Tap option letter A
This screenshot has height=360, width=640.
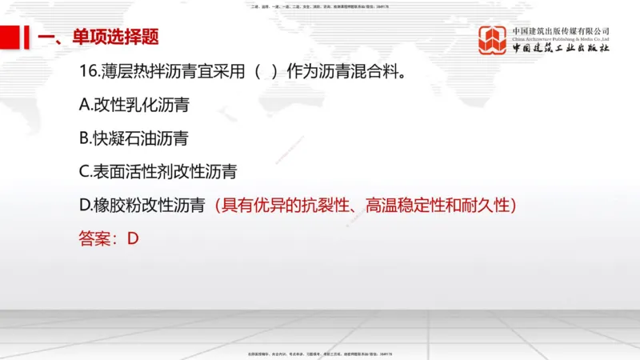pyautogui.click(x=86, y=105)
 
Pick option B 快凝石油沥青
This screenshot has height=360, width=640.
pyautogui.click(x=134, y=138)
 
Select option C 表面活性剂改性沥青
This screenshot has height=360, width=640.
pyautogui.click(x=158, y=172)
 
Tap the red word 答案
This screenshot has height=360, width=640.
pyautogui.click(x=95, y=238)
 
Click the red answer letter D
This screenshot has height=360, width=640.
pyautogui.click(x=133, y=238)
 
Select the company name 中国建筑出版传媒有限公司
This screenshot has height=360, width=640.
pyautogui.click(x=561, y=30)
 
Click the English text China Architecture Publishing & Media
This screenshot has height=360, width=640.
pyautogui.click(x=561, y=38)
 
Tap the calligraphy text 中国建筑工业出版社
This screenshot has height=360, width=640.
pyautogui.click(x=561, y=49)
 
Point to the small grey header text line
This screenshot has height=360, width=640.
pyautogui.click(x=320, y=7)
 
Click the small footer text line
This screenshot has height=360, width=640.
pyautogui.click(x=320, y=353)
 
